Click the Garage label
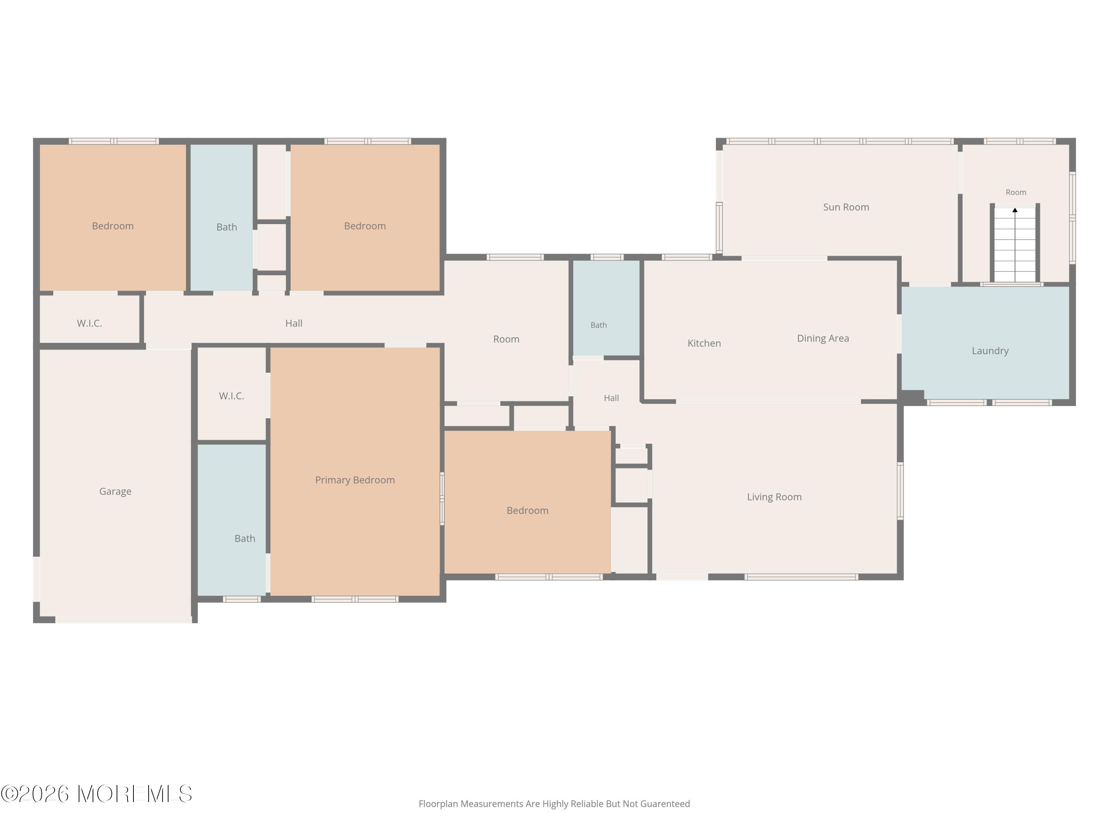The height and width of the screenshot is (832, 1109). coord(115,491)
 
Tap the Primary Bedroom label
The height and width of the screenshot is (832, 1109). coord(355,480)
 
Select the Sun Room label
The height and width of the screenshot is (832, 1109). coord(846,207)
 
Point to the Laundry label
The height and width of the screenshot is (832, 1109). coord(990,351)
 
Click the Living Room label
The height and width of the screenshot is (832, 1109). coord(774,497)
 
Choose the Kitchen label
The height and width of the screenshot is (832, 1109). coord(705,344)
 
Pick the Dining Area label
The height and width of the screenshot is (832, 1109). coord(823,338)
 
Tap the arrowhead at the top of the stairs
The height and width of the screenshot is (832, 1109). coord(1015,210)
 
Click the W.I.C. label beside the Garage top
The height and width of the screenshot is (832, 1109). coord(89,324)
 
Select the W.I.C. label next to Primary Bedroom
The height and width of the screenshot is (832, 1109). coord(232,396)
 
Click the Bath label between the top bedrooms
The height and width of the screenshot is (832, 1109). coord(227,227)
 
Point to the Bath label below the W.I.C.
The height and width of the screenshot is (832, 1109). coord(245,539)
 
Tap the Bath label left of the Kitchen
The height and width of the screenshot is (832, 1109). coord(598,325)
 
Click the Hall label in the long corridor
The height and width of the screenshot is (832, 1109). coord(294,324)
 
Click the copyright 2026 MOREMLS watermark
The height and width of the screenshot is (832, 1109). coord(96,794)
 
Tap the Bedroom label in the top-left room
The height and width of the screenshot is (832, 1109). coord(113,226)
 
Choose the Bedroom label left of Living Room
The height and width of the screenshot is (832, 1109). coord(528,511)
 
